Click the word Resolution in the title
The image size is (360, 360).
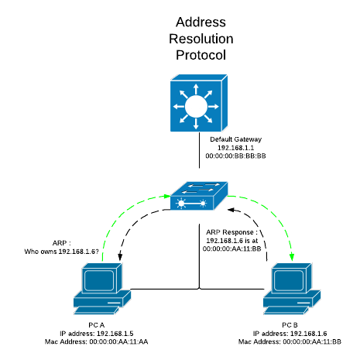201,39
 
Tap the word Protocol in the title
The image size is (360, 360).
201,55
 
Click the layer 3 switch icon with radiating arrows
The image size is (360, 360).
199,103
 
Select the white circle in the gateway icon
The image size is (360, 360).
196,106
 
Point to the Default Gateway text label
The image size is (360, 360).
236,139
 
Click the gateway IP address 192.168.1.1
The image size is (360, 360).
236,148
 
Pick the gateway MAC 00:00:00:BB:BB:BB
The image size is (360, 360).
235,156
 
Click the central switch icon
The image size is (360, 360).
199,196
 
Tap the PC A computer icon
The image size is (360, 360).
102,289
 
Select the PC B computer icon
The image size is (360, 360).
292,289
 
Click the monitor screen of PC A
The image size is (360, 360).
99,280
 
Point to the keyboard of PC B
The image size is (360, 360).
286,310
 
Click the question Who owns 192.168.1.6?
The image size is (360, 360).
61,252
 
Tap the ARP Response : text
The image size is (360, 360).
231,232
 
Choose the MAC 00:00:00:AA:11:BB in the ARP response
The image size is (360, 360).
231,249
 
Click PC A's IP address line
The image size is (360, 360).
97,334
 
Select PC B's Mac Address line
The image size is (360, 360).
290,341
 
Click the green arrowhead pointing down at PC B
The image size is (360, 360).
292,257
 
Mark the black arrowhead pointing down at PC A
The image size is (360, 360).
120,256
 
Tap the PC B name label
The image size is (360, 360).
290,325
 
